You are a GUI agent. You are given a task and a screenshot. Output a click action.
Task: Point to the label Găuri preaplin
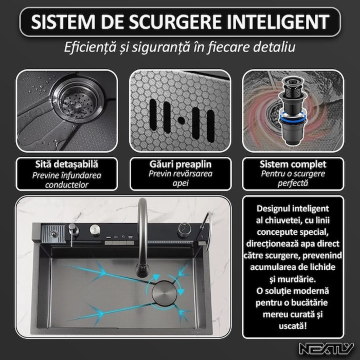179,165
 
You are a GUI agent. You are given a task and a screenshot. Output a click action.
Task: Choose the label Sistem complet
293,165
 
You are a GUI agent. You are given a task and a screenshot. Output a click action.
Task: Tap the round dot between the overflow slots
180,120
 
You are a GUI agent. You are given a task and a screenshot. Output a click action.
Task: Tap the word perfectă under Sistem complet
293,183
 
